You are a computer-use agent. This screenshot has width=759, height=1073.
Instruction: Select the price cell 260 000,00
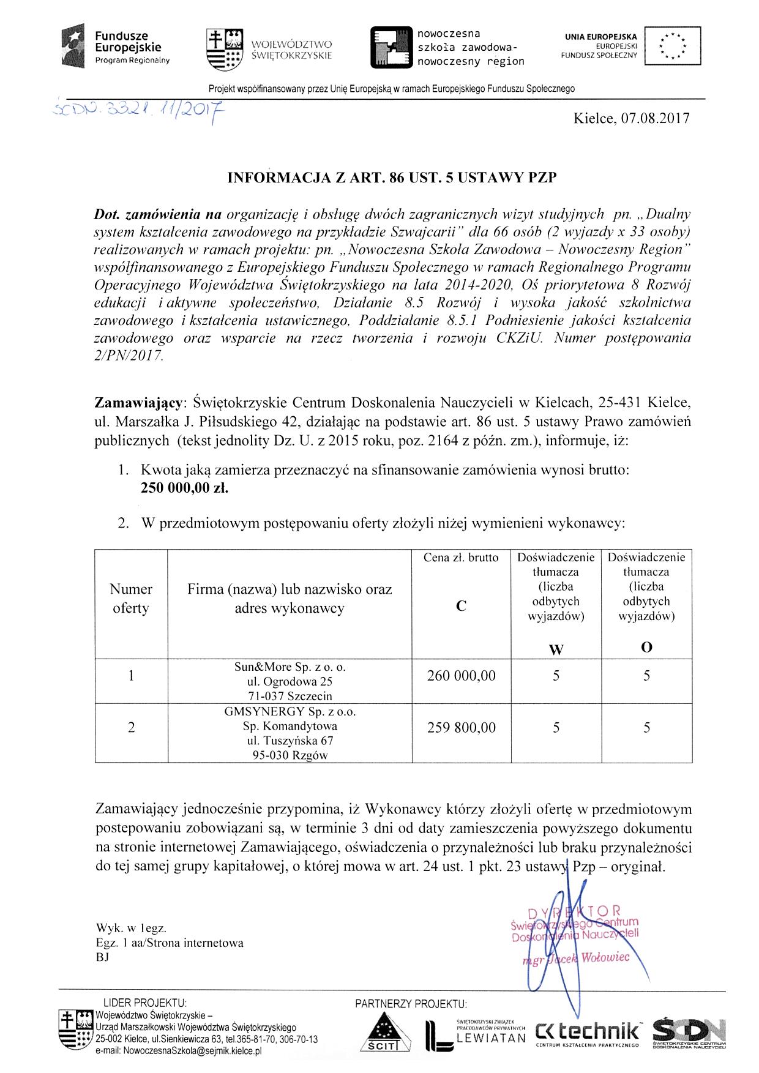pos(462,676)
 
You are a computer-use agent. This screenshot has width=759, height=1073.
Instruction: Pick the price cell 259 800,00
pos(462,728)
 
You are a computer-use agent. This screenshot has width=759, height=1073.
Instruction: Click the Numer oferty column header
pos(131,599)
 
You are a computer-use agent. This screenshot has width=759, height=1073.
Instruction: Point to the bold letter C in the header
pos(461,606)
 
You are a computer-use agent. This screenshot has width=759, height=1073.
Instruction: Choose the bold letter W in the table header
pos(556,650)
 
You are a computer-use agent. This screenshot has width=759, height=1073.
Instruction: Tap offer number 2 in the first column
pos(131,728)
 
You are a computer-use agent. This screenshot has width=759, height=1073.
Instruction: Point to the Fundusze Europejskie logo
pos(116,47)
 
